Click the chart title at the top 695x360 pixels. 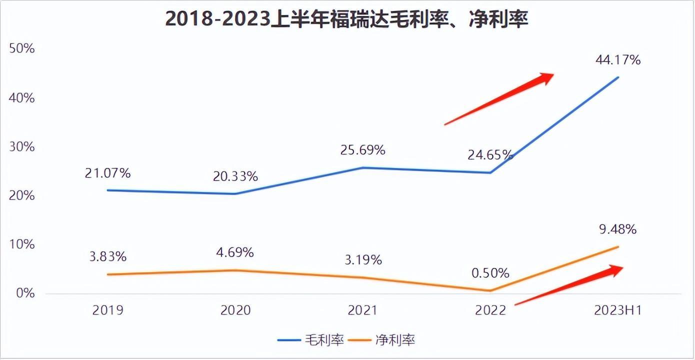tap(346, 19)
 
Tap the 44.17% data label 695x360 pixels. tap(618, 60)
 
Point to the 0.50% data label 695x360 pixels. tap(490, 273)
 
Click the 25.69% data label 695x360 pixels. tap(363, 149)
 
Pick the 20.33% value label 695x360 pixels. tap(235, 176)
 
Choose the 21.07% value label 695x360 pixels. tap(108, 173)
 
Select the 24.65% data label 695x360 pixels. tap(490, 155)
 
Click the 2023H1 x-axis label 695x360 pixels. tap(617, 310)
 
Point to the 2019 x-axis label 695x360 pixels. tap(108, 310)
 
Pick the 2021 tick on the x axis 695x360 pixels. tap(363, 310)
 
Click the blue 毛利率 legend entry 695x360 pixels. tap(310, 340)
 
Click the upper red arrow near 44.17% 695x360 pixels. tap(500, 98)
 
